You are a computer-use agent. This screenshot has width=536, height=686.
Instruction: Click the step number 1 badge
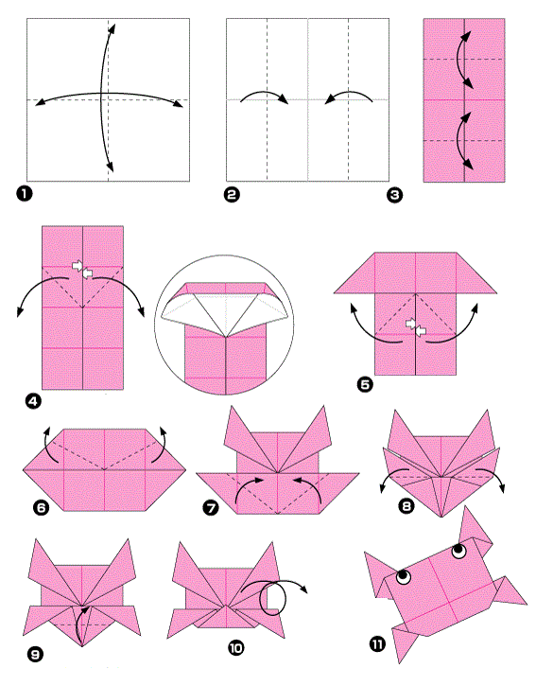25,193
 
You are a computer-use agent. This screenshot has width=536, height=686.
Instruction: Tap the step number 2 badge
232,194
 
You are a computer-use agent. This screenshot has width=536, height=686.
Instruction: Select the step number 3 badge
395,195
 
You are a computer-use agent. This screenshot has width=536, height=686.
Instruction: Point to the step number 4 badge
33,401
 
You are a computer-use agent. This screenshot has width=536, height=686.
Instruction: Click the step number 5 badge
365,384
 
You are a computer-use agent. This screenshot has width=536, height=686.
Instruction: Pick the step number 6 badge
41,507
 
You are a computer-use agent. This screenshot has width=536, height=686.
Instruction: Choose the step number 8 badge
406,506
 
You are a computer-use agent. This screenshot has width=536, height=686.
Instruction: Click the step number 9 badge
35,654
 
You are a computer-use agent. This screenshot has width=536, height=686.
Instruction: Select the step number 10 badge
235,647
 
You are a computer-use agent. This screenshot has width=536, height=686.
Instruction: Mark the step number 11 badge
378,643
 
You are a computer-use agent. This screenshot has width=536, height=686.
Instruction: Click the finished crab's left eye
404,577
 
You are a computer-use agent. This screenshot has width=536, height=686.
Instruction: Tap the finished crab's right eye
459,551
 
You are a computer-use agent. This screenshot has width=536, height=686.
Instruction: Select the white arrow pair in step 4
82,269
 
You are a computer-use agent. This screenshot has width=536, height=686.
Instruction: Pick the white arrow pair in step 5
416,327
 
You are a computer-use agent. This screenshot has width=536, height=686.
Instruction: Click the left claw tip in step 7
232,407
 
